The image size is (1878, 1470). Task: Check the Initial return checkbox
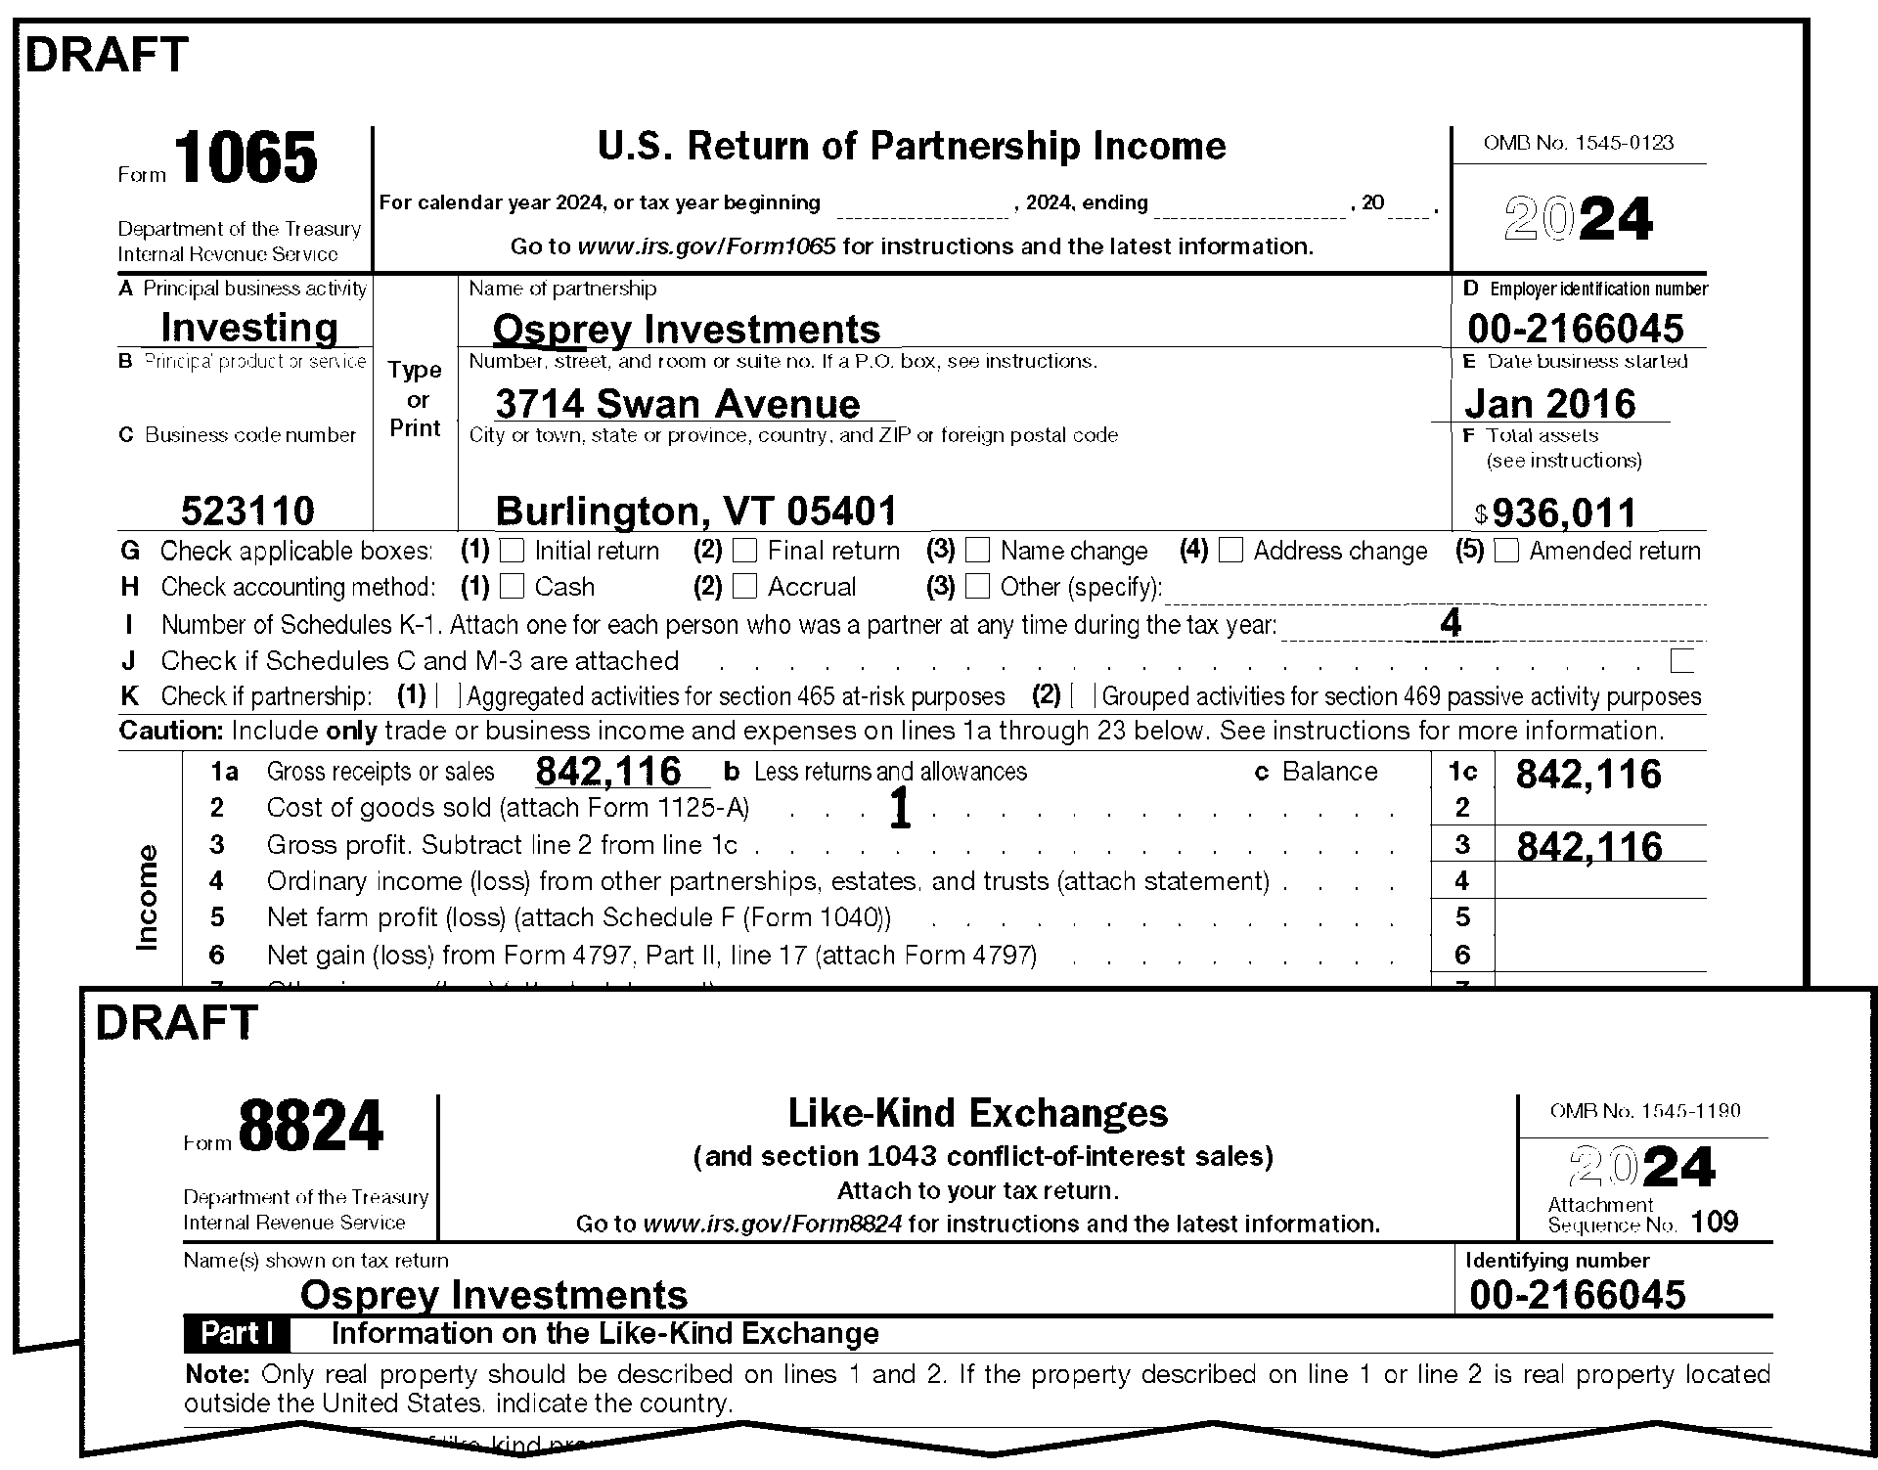pyautogui.click(x=512, y=551)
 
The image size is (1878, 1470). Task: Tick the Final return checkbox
pyautogui.click(x=745, y=551)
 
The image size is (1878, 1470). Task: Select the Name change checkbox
pyautogui.click(x=978, y=551)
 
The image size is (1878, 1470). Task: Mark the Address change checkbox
pyautogui.click(x=1231, y=551)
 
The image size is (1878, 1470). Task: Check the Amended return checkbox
pyautogui.click(x=1507, y=551)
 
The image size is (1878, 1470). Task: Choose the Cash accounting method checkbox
pyautogui.click(x=512, y=587)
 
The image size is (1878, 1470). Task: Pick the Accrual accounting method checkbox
pyautogui.click(x=745, y=587)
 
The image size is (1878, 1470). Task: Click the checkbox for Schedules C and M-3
pyautogui.click(x=1682, y=661)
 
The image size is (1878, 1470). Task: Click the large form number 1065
pyautogui.click(x=247, y=159)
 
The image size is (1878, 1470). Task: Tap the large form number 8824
pyautogui.click(x=311, y=1127)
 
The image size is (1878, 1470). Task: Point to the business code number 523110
pyautogui.click(x=247, y=511)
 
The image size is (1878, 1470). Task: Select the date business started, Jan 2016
pyautogui.click(x=1550, y=403)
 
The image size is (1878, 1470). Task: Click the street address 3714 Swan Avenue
pyautogui.click(x=677, y=403)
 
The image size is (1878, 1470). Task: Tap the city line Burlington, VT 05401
pyautogui.click(x=695, y=511)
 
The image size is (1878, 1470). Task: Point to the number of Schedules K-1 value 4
pyautogui.click(x=1451, y=623)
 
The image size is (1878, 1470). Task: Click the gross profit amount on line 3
pyautogui.click(x=1589, y=847)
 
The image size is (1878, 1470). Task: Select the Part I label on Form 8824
pyautogui.click(x=237, y=1334)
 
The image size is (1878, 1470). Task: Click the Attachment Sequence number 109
pyautogui.click(x=1714, y=1222)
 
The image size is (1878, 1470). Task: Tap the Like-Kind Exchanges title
pyautogui.click(x=978, y=1113)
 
